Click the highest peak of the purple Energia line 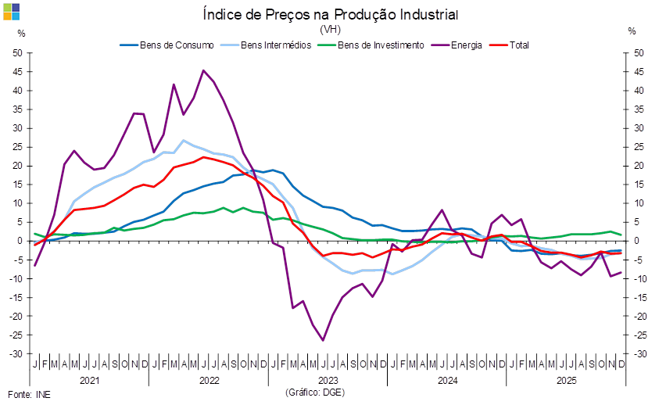tap(203, 70)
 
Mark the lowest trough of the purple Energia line tap(323, 340)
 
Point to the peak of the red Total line tap(203, 157)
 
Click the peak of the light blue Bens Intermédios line tap(183, 141)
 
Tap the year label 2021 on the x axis tap(89, 380)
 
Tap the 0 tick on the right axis tap(638, 241)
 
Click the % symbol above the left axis tap(21, 32)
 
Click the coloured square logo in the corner tap(11, 11)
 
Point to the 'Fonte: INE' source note tap(28, 394)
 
